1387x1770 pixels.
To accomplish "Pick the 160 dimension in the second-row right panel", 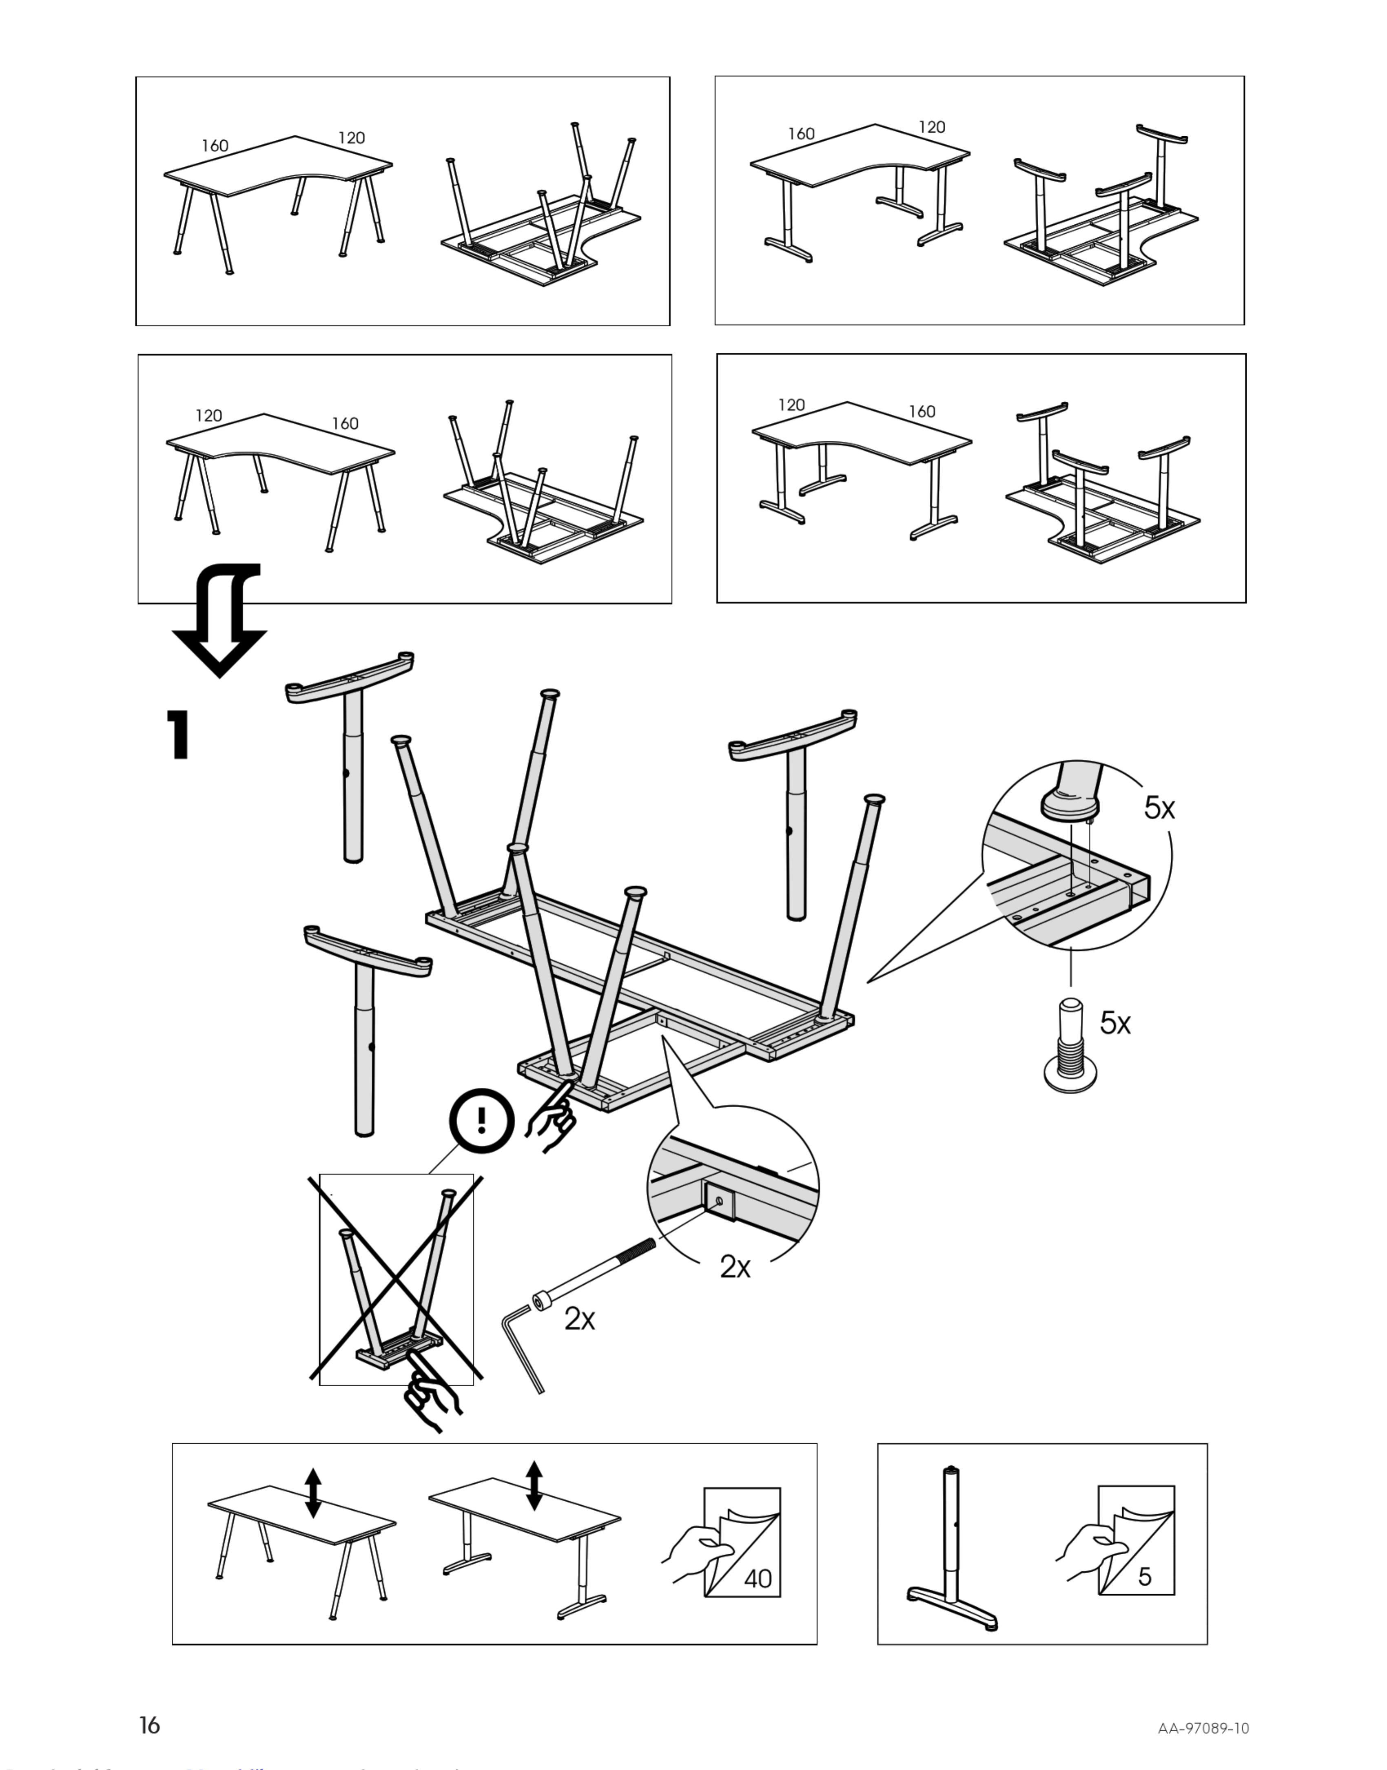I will pos(922,412).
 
